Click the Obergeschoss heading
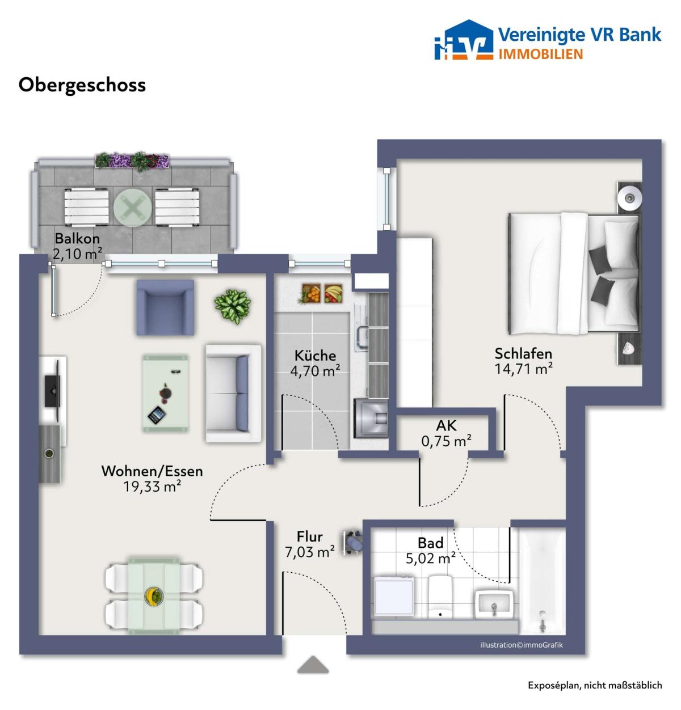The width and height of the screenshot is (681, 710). click(x=82, y=86)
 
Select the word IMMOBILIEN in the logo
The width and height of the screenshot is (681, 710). click(x=540, y=54)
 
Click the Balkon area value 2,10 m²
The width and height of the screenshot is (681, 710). click(x=77, y=253)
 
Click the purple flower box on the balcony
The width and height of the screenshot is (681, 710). click(x=132, y=160)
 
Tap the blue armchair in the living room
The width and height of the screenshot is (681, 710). click(x=165, y=307)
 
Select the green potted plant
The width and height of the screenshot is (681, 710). click(x=233, y=306)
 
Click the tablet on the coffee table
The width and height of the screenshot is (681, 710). click(x=157, y=415)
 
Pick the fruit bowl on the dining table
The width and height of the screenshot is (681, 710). click(x=154, y=596)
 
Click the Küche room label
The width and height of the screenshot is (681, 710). click(x=315, y=356)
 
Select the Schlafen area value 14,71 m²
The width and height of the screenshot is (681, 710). click(x=523, y=369)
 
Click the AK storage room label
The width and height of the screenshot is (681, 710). click(x=446, y=425)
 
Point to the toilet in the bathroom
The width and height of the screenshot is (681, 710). click(x=440, y=596)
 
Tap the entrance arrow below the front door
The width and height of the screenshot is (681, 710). click(x=313, y=665)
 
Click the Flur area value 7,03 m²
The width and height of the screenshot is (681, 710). click(x=310, y=552)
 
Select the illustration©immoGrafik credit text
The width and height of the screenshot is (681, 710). click(x=521, y=645)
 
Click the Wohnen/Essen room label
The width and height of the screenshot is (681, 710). click(x=152, y=471)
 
